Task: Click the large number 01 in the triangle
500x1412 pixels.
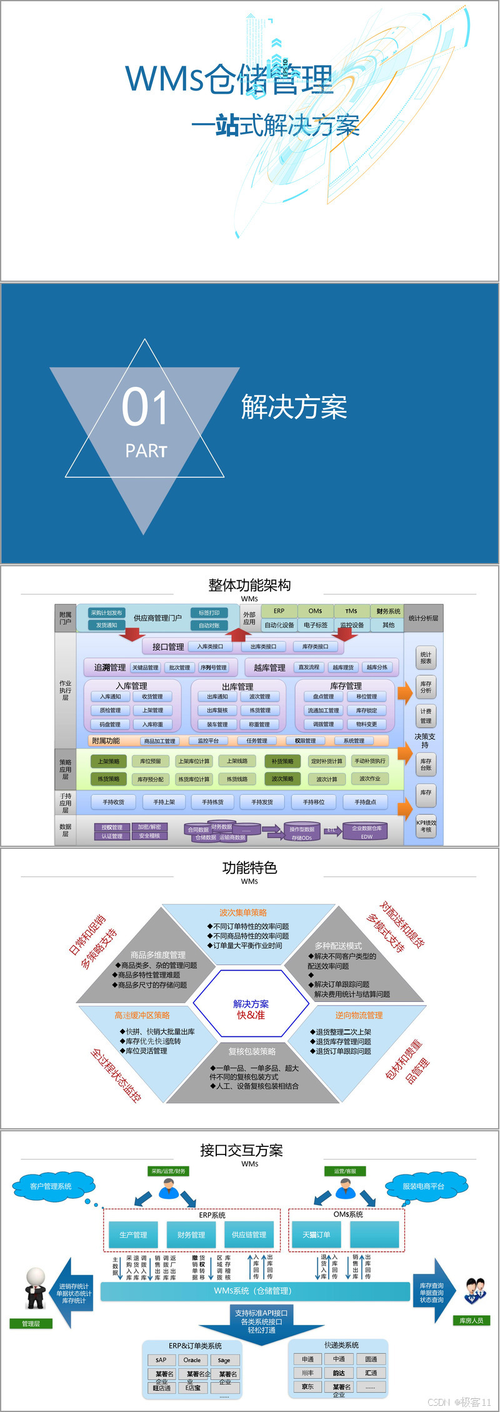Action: point(145,407)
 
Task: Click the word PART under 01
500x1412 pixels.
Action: point(146,451)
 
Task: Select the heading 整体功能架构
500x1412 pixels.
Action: point(249,585)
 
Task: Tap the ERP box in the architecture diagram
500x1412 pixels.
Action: point(279,611)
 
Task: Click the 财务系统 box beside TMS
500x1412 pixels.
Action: point(388,611)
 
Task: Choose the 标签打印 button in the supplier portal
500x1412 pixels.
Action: point(209,613)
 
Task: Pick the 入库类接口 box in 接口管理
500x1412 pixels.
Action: point(210,646)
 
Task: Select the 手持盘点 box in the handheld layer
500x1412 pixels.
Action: point(365,802)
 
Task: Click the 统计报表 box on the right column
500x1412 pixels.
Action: point(426,658)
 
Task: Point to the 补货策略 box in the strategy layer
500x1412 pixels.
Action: point(282,761)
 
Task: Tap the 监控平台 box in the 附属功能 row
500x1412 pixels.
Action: point(208,741)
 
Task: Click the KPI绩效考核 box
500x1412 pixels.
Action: point(426,826)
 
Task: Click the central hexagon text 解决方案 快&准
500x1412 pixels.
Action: point(251,1009)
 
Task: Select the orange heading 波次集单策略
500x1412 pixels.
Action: point(242,913)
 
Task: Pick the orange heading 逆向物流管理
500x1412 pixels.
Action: point(359,1015)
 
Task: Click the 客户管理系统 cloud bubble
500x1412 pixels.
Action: point(51,1186)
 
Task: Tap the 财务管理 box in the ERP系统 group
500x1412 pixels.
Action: point(191,1234)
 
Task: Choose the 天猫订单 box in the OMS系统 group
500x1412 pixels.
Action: point(316,1234)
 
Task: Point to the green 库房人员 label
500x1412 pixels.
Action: point(471,1320)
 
